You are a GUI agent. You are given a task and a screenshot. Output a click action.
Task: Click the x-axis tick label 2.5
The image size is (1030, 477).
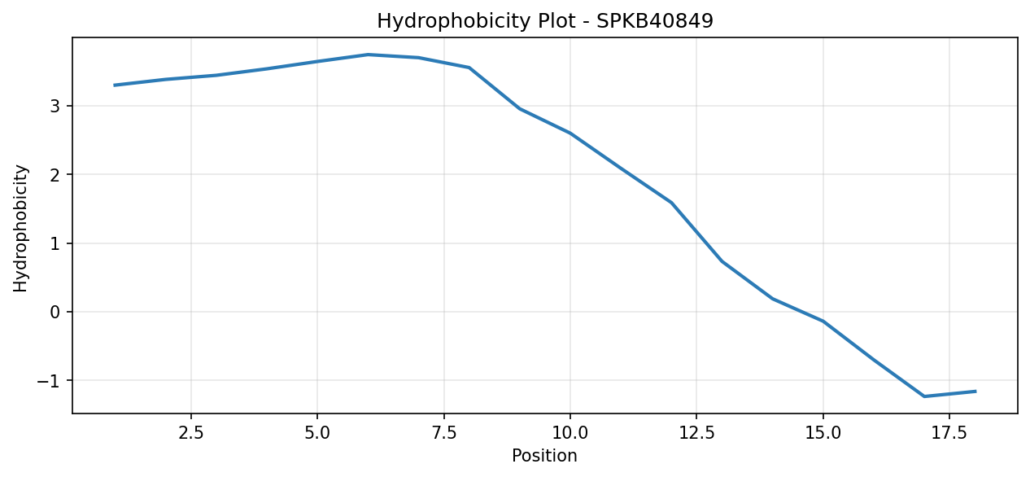[x=191, y=433]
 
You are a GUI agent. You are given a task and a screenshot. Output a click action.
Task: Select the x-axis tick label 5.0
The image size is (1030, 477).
[x=317, y=433]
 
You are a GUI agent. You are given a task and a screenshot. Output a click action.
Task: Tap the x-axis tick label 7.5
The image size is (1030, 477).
[x=443, y=433]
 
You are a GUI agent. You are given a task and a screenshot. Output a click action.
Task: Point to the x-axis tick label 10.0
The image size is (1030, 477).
[x=570, y=433]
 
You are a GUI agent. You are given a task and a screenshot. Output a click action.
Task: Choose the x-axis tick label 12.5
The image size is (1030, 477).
[x=696, y=433]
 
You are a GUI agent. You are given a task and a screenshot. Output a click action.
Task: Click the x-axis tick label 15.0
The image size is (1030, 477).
[x=823, y=433]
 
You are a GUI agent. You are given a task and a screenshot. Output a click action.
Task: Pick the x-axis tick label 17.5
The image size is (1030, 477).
[x=949, y=433]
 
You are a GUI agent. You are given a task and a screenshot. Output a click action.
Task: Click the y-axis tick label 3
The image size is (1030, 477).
[x=55, y=107]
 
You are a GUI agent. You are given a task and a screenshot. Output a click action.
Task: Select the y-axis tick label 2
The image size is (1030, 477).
[x=55, y=175]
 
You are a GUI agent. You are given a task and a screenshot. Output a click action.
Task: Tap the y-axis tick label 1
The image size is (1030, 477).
[x=55, y=243]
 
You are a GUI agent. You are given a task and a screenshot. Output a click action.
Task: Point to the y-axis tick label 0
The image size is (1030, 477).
[x=55, y=312]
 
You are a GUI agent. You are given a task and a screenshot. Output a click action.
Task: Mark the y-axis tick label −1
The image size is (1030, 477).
[x=49, y=381]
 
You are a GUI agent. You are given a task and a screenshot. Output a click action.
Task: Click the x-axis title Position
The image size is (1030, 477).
[x=544, y=456]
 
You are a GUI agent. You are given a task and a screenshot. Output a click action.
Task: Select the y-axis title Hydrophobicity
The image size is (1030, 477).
[x=20, y=228]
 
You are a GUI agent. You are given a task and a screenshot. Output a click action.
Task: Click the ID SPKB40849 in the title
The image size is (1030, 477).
[x=655, y=20]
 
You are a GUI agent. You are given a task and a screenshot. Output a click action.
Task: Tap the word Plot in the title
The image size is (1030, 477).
[x=556, y=20]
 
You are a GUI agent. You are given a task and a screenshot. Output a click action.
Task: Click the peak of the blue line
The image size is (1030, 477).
[x=368, y=55]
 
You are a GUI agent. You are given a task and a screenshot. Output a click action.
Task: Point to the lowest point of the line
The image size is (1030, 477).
[x=924, y=396]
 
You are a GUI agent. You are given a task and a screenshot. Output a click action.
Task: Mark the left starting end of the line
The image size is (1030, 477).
[x=115, y=85]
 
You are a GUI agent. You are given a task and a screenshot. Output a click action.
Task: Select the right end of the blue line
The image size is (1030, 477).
[x=975, y=392]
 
